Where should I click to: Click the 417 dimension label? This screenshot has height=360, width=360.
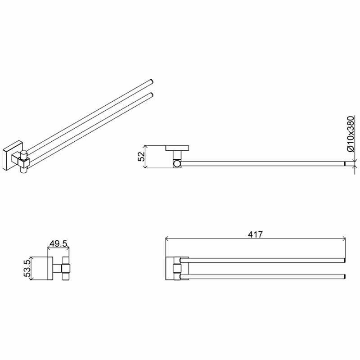coord(255,234)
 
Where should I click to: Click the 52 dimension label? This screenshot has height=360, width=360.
coord(141,156)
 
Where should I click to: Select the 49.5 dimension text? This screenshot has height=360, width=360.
coord(58,243)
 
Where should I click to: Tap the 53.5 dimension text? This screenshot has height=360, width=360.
coord(27,268)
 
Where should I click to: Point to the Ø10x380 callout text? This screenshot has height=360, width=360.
coord(351,134)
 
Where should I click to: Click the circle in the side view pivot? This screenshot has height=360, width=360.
coord(177,164)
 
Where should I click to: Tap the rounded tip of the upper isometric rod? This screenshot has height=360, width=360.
coord(152,82)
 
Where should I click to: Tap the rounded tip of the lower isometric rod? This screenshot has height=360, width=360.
coord(152,95)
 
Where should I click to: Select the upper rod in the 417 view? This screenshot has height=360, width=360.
coord(262,260)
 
